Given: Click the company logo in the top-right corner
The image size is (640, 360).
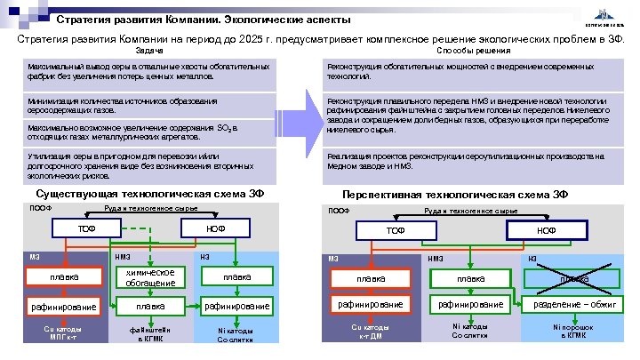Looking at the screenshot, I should (x=606, y=16).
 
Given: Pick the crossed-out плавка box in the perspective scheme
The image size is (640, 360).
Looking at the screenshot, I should (x=573, y=279).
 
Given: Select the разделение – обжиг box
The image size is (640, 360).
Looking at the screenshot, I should (x=573, y=305).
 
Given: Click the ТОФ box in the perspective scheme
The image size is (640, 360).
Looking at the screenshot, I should (x=396, y=229).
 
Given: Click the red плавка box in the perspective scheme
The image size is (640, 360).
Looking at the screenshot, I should (x=371, y=279).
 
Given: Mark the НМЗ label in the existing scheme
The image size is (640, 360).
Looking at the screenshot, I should (x=123, y=257).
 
